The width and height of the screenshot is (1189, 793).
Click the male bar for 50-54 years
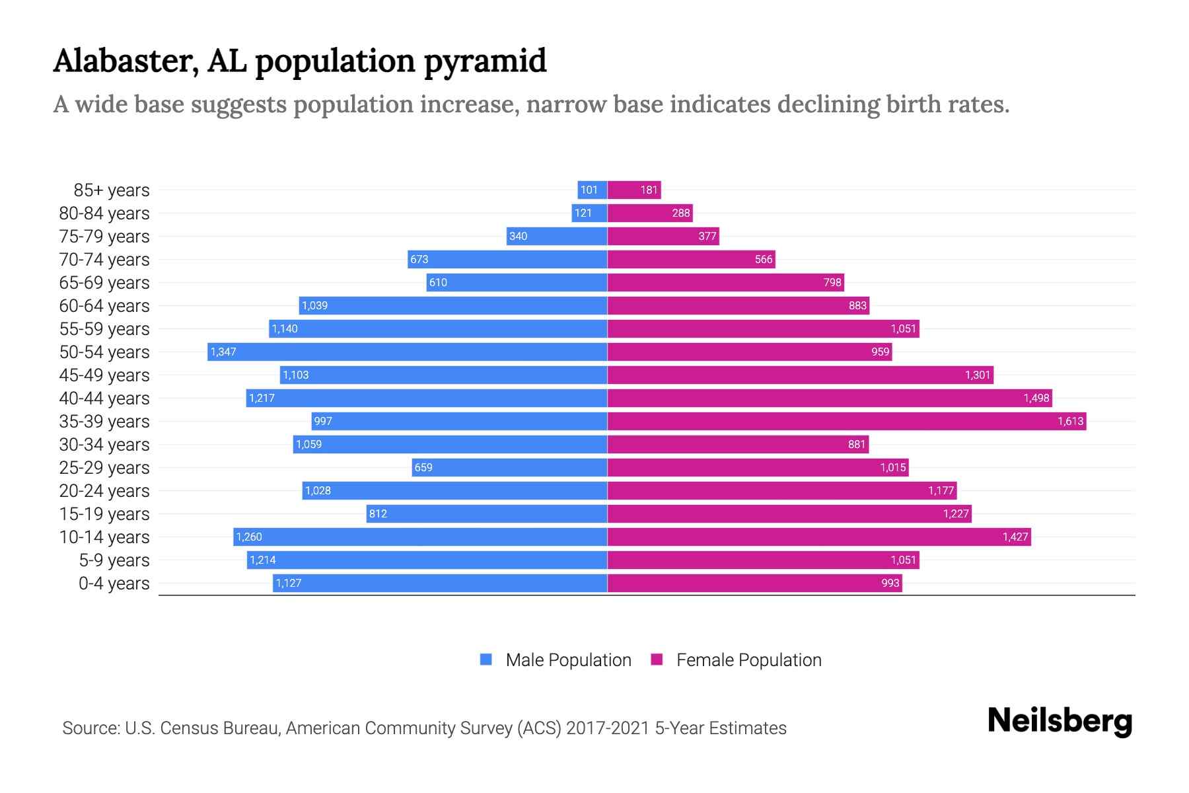point(408,352)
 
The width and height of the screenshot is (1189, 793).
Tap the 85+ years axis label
point(112,190)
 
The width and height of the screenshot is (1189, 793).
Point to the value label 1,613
point(1070,421)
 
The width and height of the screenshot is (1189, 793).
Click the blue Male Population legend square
point(486,660)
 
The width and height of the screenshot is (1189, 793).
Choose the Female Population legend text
point(748,660)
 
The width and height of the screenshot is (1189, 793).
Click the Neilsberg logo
point(1060,721)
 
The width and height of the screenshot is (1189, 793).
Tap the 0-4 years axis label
point(114,584)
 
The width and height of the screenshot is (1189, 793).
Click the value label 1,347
point(223,352)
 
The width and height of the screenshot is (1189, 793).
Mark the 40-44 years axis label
point(104,398)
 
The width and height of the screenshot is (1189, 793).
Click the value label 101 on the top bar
point(589,190)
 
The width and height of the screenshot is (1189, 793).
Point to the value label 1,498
point(1036,398)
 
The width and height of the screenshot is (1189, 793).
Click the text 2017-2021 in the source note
point(608,728)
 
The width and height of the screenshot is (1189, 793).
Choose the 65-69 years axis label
point(104,283)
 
